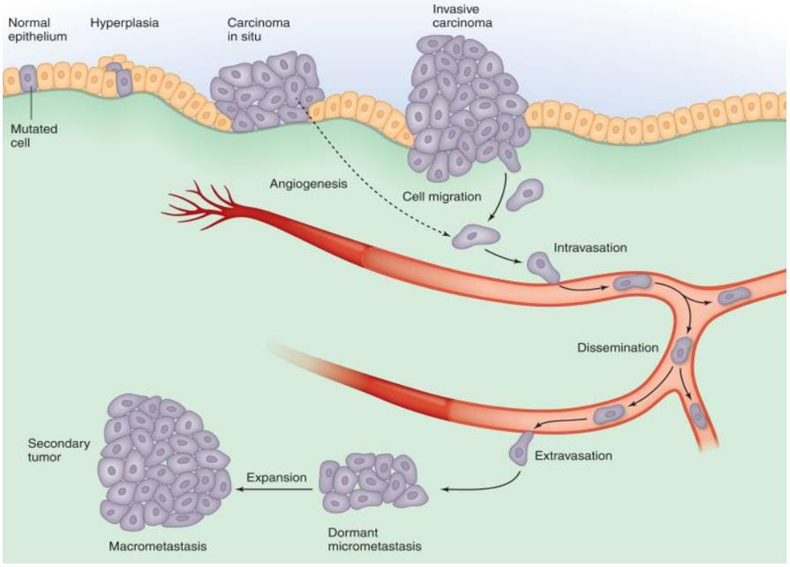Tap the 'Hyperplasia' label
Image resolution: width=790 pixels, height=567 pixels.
124,22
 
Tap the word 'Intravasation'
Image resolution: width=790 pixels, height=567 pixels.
591,248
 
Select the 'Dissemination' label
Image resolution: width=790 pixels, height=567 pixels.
618,347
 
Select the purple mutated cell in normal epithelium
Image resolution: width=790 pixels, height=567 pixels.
28,78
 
